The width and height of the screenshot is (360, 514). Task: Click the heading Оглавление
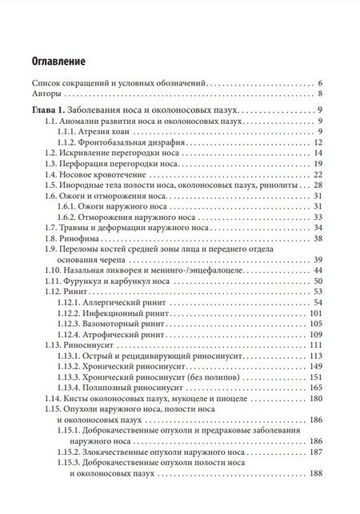pyautogui.click(x=58, y=61)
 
